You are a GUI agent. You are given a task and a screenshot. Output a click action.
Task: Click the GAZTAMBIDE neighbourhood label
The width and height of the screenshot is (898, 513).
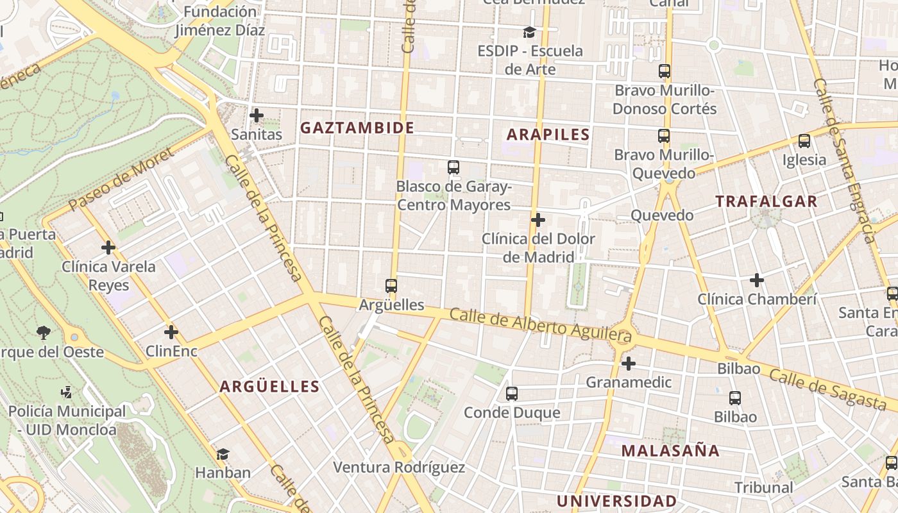(x=357, y=128)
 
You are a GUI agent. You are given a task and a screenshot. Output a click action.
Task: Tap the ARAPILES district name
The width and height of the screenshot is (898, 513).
(x=548, y=134)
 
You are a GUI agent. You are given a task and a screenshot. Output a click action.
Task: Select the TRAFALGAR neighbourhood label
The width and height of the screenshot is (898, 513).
(x=766, y=201)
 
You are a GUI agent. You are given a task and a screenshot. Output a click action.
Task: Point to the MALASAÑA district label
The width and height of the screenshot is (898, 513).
(x=670, y=450)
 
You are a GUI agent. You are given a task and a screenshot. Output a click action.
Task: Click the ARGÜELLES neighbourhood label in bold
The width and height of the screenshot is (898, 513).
(x=269, y=386)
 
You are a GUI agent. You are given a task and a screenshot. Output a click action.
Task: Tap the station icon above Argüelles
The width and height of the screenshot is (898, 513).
(x=391, y=285)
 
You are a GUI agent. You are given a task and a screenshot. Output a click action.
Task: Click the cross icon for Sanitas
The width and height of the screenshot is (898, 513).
(x=257, y=115)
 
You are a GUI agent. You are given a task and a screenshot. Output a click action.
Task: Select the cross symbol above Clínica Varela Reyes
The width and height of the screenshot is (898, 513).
(x=108, y=247)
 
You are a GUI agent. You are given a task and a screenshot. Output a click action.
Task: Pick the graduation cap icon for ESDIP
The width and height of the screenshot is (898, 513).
(x=529, y=32)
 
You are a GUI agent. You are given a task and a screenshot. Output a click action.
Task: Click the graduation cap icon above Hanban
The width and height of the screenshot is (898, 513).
(x=223, y=454)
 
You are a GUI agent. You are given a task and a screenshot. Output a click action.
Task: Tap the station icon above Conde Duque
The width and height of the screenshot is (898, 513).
(x=511, y=394)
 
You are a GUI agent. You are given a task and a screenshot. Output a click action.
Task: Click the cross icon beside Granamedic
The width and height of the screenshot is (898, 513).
(x=629, y=364)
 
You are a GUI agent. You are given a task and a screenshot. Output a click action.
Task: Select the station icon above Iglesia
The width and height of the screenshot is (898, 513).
(x=804, y=141)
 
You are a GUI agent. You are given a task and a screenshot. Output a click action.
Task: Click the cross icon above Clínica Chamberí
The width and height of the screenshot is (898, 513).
(x=757, y=280)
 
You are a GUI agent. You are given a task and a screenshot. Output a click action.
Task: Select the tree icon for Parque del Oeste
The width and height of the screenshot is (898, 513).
(x=44, y=332)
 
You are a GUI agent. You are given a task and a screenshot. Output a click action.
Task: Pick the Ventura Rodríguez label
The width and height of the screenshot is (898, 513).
(x=398, y=467)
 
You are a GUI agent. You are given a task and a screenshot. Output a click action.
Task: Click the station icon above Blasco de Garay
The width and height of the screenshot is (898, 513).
(x=453, y=167)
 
